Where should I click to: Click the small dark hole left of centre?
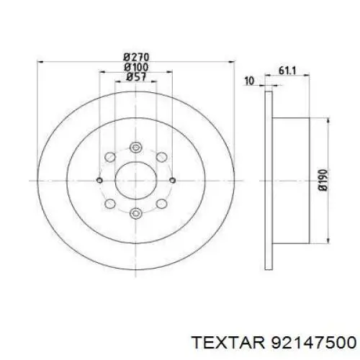click(x=101, y=180)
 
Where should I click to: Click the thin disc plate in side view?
click(x=267, y=180)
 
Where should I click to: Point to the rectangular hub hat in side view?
click(x=288, y=180)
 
